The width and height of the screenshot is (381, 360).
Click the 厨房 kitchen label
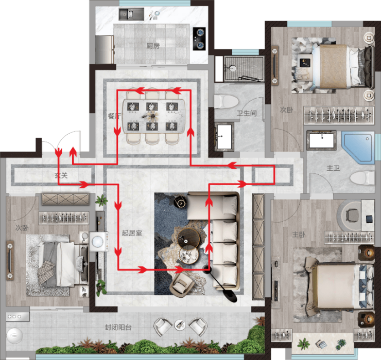pos(153,46)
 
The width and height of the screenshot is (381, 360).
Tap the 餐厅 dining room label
pos(114,116)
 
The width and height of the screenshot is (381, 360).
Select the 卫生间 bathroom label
pos(247,113)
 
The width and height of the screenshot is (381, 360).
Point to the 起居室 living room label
pos(132,233)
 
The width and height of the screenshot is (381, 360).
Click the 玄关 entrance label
pos(61,175)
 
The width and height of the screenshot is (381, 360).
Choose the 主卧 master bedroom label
pos(299,235)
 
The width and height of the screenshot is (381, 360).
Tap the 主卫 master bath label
pos(333,168)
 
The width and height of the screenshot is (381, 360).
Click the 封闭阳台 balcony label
pos(118,327)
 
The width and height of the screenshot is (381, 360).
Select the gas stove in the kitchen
pos(199,39)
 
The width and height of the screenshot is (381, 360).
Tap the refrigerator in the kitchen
pos(105,50)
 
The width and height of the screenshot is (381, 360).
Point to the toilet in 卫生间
pos(226,101)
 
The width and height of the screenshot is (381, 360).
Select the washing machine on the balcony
pos(14,336)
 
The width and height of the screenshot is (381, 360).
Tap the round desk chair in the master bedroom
pos(352,215)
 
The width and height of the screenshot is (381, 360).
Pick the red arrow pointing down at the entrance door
pos(58,152)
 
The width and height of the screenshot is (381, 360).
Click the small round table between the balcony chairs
pos(180,325)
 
